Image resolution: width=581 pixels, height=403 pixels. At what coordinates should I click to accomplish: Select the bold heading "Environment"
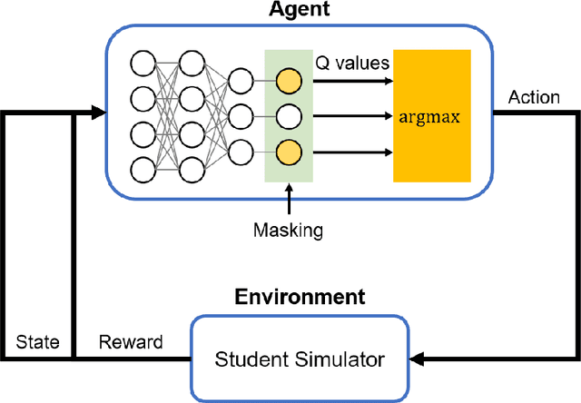coord(300,297)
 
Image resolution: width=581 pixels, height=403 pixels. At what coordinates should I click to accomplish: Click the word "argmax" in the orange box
coord(431,115)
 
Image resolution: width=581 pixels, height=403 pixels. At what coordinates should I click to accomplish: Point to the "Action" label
coord(534,97)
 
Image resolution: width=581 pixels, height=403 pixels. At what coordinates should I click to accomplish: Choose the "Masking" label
coord(288,231)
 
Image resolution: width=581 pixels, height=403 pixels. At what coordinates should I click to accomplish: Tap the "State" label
coord(37,342)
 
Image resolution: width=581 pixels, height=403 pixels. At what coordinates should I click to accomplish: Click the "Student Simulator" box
coord(300,359)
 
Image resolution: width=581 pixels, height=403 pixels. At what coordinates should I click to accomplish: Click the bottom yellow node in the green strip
coord(288,152)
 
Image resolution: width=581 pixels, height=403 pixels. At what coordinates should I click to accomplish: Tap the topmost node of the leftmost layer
coord(143,64)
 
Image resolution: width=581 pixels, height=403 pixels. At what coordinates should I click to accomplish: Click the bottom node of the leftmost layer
coord(143,169)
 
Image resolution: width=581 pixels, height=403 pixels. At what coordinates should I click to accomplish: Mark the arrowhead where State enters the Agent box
coord(97,113)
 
